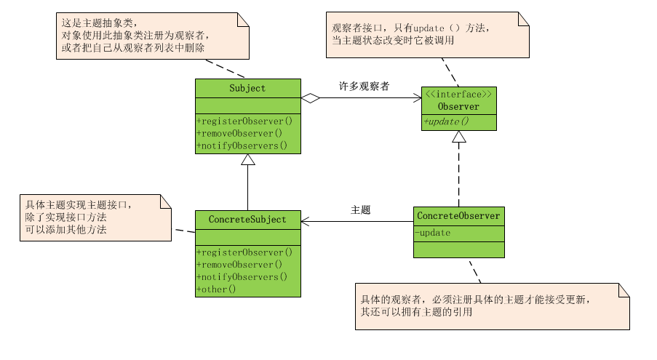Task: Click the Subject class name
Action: tap(247, 88)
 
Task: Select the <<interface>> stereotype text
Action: tap(458, 95)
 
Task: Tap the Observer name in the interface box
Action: tap(458, 107)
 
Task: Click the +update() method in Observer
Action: tap(446, 121)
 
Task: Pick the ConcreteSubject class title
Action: tap(247, 219)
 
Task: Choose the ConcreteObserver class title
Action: tap(458, 215)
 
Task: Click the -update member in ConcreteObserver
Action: tap(434, 233)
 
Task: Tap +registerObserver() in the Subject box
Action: tap(244, 121)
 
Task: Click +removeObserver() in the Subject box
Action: tap(239, 133)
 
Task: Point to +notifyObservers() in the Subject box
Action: tap(242, 145)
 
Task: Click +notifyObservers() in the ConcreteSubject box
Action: tap(242, 276)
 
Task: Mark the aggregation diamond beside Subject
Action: tap(311, 98)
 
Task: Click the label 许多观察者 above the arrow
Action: tap(364, 86)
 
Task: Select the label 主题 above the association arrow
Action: tap(361, 209)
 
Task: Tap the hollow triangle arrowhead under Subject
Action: tap(248, 160)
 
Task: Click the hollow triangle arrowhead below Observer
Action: tap(458, 137)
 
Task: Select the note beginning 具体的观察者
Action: tap(492, 305)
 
